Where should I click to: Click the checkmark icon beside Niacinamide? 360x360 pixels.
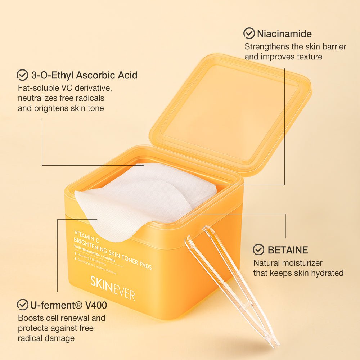[249, 33]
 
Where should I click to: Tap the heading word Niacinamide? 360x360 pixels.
[284, 34]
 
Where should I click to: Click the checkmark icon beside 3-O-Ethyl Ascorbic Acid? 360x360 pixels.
[22, 75]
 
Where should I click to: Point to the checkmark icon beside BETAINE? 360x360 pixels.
[258, 249]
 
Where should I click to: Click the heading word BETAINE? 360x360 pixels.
[288, 250]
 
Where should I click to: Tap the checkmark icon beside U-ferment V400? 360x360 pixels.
[23, 305]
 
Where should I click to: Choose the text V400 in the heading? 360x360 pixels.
[96, 306]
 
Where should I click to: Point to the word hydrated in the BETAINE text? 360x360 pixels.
[326, 273]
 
